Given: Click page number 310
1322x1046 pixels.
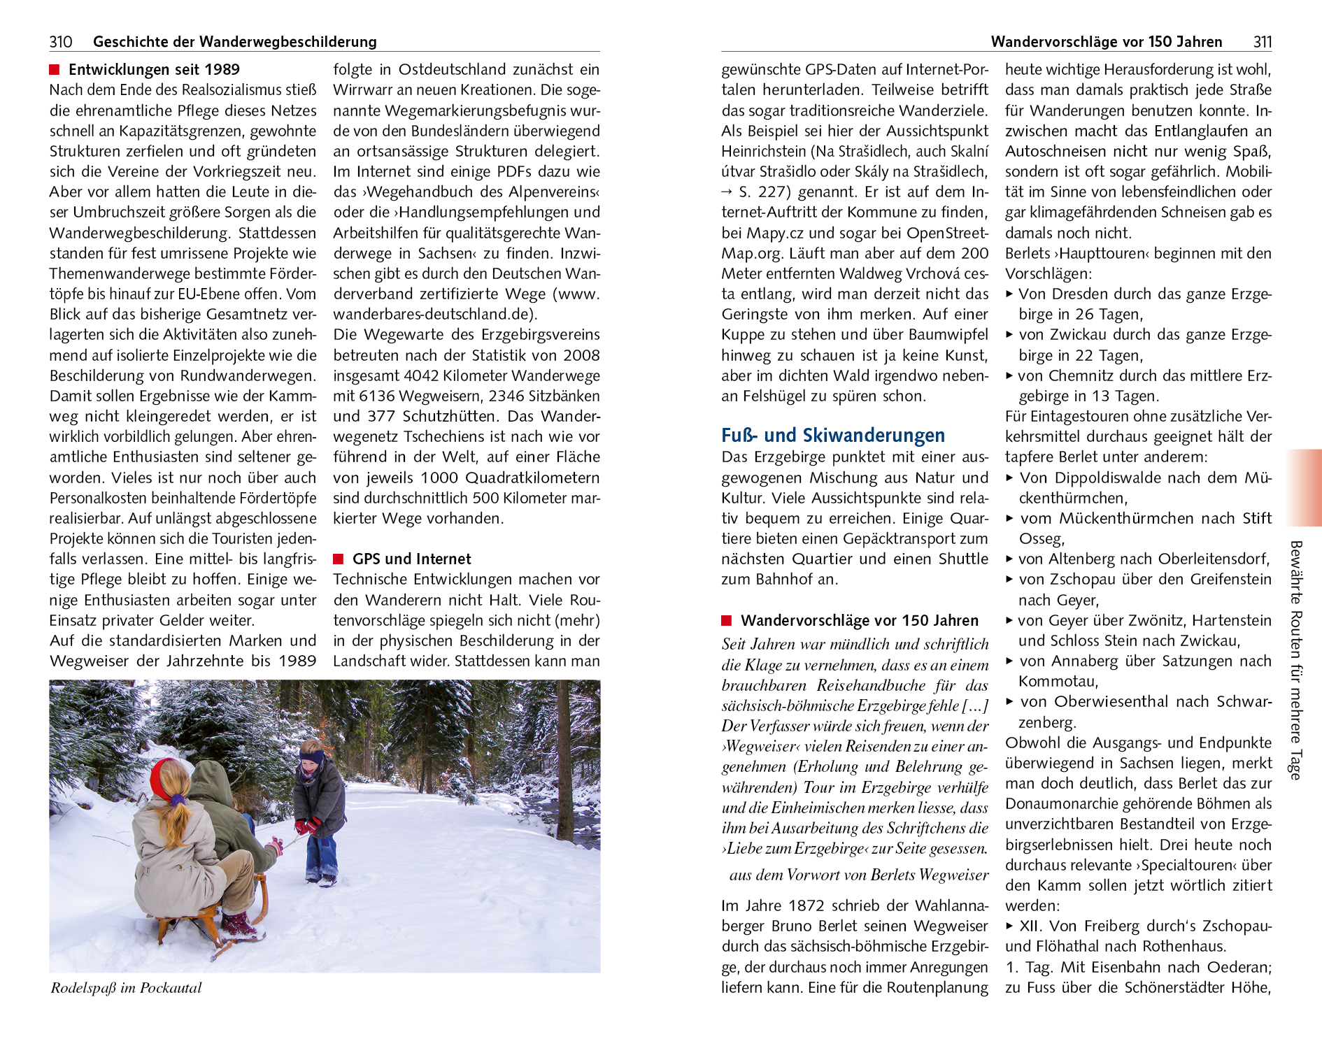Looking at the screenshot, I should point(61,42).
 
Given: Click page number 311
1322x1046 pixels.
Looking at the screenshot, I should point(1262,42).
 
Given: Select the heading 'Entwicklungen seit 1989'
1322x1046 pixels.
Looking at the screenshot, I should point(154,70).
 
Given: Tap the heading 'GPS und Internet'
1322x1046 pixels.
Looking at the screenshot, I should point(411,559).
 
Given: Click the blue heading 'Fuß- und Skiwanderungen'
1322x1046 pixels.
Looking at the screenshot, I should point(832,436).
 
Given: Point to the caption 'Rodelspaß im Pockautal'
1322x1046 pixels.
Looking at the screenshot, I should point(126,988).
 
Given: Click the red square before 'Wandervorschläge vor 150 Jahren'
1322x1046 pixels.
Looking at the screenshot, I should point(726,621).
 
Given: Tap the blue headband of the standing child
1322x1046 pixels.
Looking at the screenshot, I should point(312,756).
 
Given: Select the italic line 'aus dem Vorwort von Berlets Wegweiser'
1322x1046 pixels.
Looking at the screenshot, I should point(858,875).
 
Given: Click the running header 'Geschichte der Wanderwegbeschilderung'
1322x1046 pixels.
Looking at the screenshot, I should point(234,42).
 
